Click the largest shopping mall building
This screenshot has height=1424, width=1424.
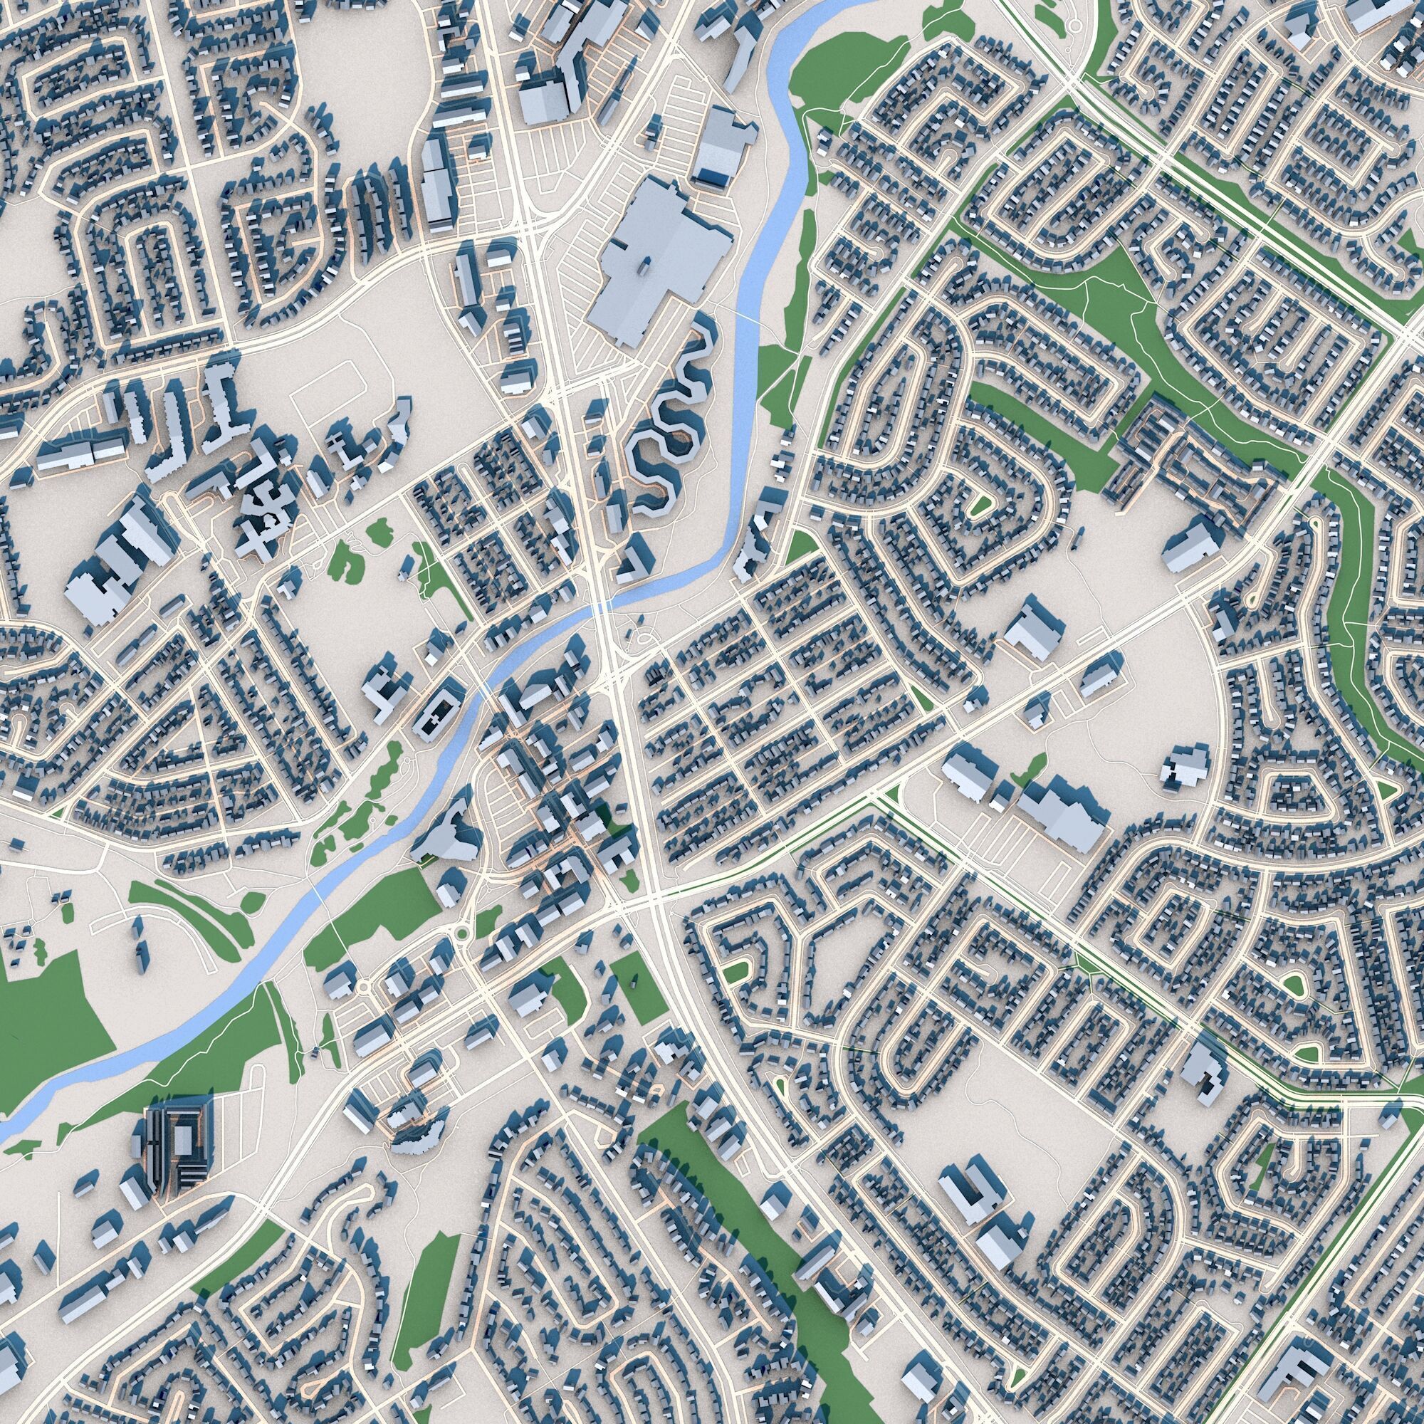tap(656, 251)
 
